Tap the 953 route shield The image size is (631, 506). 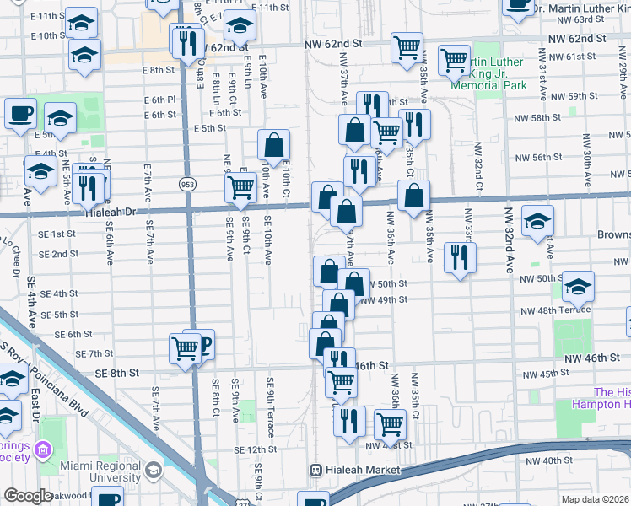[187, 183]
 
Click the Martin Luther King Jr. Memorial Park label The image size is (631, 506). [489, 74]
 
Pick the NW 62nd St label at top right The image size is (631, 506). [577, 40]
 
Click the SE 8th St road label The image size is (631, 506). [116, 372]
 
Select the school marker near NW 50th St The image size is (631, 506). [578, 286]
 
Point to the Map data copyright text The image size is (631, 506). [596, 498]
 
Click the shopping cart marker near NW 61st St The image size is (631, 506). [455, 59]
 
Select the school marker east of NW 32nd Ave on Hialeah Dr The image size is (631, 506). [537, 221]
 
